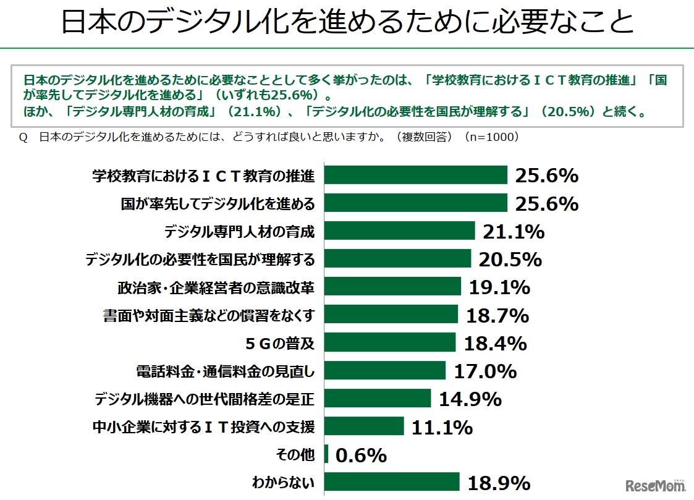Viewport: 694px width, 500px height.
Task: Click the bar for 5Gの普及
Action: coord(390,342)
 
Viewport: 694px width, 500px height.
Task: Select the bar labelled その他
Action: coord(326,456)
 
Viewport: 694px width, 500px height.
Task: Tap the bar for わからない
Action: coord(392,482)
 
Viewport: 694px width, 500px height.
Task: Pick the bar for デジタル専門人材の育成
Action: coord(399,231)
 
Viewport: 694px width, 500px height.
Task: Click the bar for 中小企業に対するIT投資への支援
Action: coord(364,426)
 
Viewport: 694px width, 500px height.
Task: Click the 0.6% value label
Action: coord(362,456)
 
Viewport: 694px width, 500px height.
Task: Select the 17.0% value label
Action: coord(485,371)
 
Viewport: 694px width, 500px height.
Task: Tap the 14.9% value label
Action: coord(470,399)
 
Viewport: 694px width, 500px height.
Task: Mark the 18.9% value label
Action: coord(500,483)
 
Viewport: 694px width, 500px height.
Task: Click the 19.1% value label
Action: coord(499,287)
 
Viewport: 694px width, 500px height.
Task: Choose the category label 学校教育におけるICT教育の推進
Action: coord(203,176)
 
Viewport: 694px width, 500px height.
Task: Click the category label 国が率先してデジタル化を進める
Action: coord(218,204)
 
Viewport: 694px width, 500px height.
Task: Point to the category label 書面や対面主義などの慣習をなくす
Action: coord(209,315)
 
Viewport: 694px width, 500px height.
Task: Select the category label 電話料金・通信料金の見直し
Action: coord(226,371)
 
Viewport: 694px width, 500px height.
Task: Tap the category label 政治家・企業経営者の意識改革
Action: coord(216,287)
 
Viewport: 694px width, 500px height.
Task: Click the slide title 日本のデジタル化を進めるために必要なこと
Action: coord(347,23)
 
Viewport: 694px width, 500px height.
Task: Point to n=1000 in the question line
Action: coord(493,137)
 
